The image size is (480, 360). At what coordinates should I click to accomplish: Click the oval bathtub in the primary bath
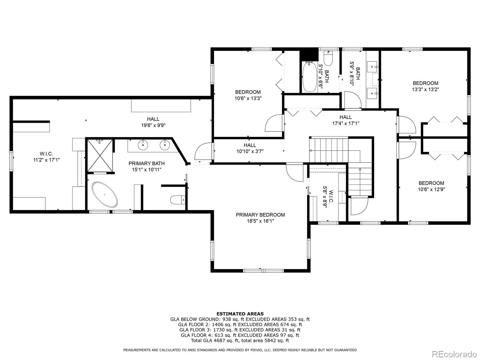pyautogui.click(x=104, y=194)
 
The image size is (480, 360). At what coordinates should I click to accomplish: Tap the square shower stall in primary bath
pyautogui.click(x=100, y=155)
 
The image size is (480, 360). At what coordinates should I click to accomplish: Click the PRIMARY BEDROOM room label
pyautogui.click(x=260, y=215)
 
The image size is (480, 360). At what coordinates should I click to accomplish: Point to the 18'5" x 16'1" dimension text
pyautogui.click(x=260, y=221)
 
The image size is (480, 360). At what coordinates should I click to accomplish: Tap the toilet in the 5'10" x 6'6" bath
pyautogui.click(x=328, y=59)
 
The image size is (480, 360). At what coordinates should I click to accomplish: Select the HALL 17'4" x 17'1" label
pyautogui.click(x=346, y=120)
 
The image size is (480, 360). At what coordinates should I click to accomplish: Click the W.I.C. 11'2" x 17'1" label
pyautogui.click(x=46, y=157)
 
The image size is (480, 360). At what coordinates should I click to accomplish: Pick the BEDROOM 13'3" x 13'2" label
pyautogui.click(x=425, y=86)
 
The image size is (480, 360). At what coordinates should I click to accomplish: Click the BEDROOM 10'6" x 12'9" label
pyautogui.click(x=431, y=186)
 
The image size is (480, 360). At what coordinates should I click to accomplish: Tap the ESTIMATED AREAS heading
pyautogui.click(x=240, y=314)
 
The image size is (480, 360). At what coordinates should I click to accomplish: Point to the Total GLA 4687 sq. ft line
pyautogui.click(x=240, y=340)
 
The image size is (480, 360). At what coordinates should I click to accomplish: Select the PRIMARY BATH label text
pyautogui.click(x=146, y=163)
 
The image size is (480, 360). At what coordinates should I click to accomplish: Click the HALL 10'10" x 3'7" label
pyautogui.click(x=250, y=148)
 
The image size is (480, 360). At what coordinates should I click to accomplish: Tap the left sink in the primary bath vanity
pyautogui.click(x=143, y=145)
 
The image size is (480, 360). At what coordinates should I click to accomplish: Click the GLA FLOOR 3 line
pyautogui.click(x=240, y=330)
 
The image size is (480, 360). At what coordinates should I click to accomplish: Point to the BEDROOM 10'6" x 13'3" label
pyautogui.click(x=247, y=95)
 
